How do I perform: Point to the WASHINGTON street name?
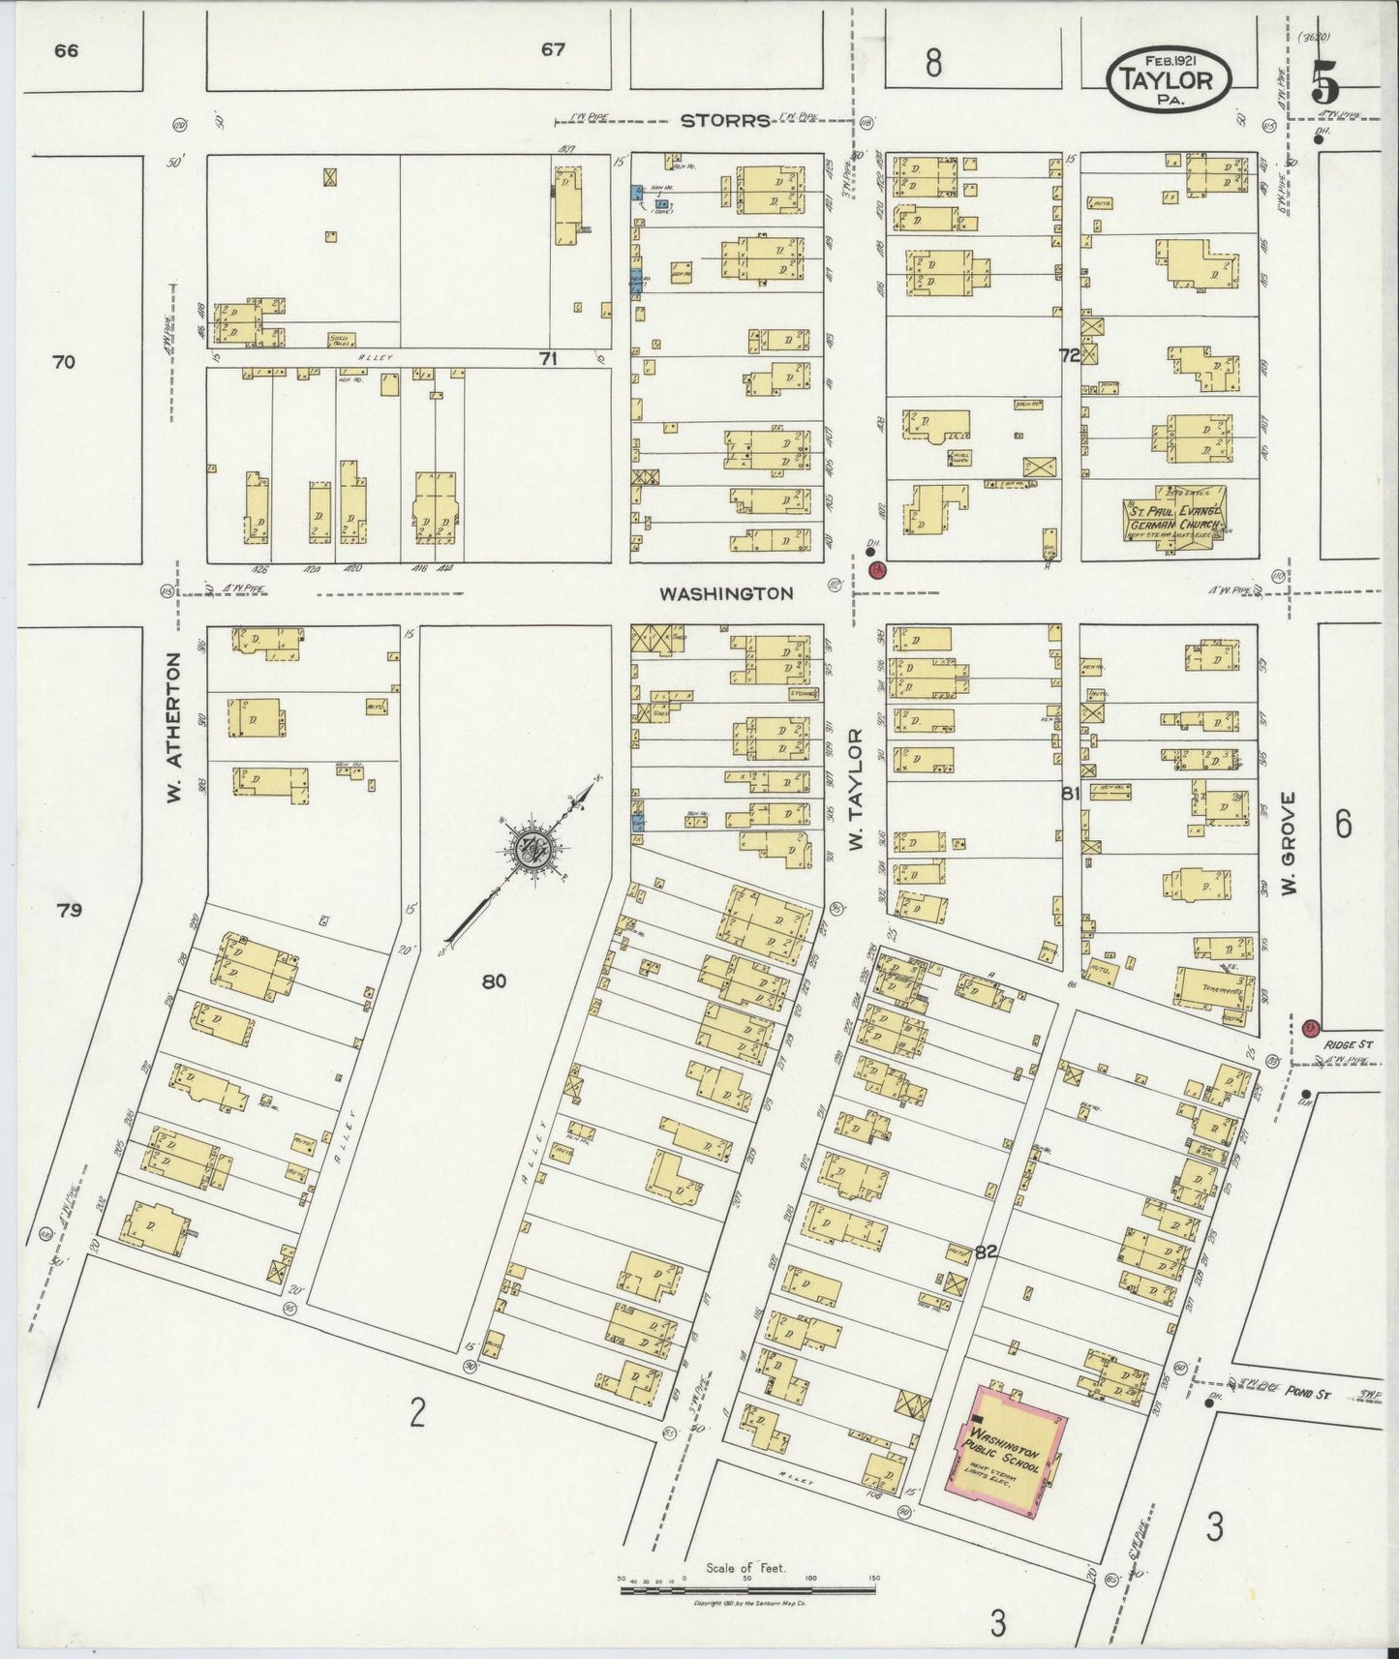coord(726,593)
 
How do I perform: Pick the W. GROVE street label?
coord(1289,843)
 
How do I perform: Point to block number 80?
coord(494,981)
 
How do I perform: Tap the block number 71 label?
coord(548,359)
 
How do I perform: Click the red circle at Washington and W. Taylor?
coord(878,569)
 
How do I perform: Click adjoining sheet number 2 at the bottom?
coord(417,1414)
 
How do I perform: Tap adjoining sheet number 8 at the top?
coord(932,63)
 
